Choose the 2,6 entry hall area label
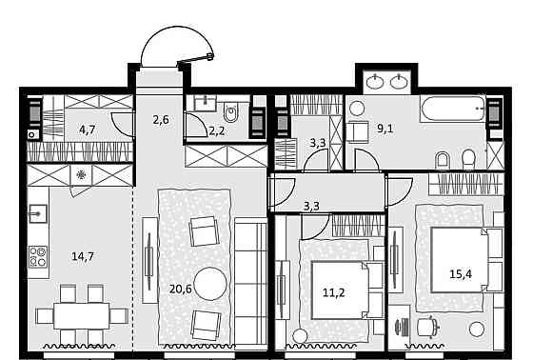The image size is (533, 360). point(161,119)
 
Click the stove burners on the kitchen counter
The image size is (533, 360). point(39,255)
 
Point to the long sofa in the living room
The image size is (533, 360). point(251,281)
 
